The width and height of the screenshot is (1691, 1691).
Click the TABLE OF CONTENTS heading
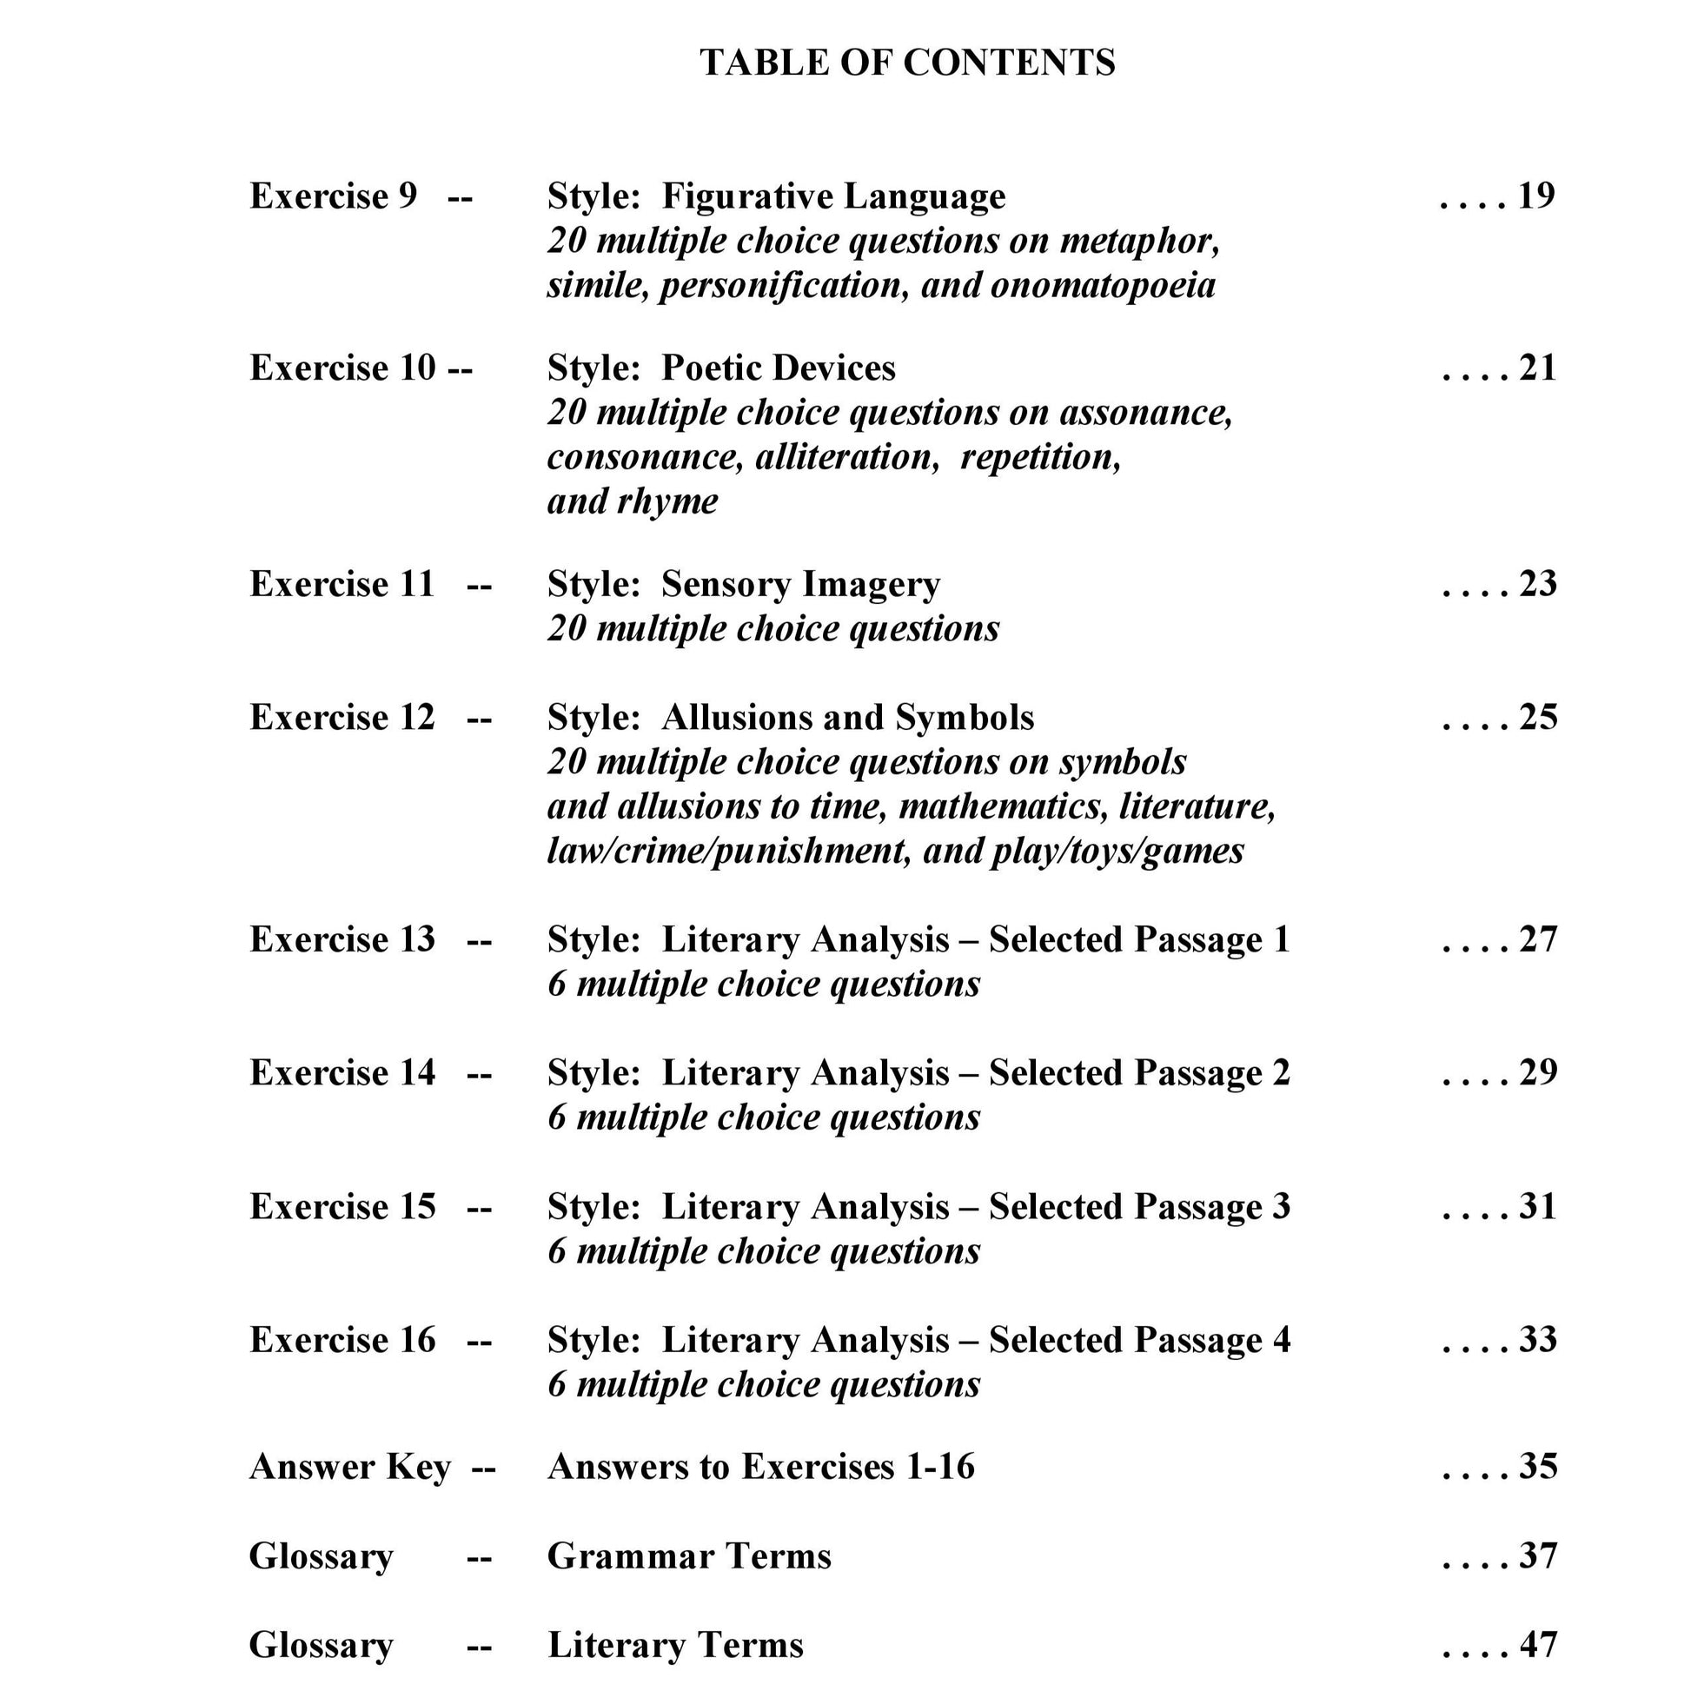907,63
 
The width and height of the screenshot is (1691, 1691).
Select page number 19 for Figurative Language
1536,196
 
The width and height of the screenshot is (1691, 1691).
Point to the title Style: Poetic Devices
721,368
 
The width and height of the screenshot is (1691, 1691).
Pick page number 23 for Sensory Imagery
1538,584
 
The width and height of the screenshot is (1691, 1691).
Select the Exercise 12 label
342,718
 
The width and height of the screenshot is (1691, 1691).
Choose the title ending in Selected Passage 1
918,940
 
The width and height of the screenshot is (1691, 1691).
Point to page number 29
1538,1072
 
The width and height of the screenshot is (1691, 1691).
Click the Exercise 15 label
342,1206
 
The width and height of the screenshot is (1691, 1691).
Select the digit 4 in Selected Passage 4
1281,1340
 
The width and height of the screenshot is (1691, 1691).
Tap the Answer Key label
350,1466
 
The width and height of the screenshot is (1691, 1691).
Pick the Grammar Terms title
689,1556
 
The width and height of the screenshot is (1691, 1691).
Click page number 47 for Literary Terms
1538,1645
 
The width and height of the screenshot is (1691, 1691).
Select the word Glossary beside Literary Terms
321,1646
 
